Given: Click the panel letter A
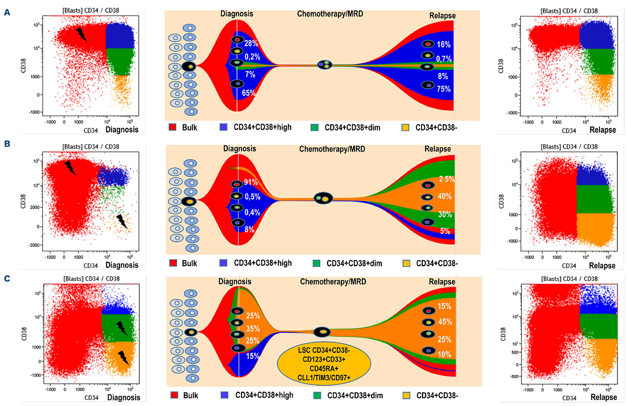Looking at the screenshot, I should tap(7, 12).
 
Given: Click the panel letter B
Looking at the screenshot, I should tap(7, 144).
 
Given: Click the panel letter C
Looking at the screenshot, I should tap(7, 279).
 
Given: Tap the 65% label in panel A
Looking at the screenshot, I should tap(248, 93).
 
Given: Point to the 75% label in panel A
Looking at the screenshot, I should tap(443, 89).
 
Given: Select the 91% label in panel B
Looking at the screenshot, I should tap(251, 182).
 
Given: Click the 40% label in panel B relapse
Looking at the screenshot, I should tap(445, 196).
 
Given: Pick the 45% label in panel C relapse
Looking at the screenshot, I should tap(445, 322).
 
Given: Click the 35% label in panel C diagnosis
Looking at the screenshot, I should tap(253, 329).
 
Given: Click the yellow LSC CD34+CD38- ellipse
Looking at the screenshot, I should tap(324, 364).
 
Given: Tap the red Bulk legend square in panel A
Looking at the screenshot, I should tap(173, 127).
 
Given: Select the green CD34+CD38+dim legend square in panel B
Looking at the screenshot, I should tap(316, 263).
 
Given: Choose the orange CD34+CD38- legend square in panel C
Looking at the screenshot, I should tap(406, 395).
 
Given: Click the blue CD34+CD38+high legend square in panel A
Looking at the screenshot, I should tap(223, 127).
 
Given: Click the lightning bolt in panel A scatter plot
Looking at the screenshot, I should tap(81, 34).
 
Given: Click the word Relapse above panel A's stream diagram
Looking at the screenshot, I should tap(442, 16).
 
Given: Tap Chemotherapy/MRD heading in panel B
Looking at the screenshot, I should tap(332, 149).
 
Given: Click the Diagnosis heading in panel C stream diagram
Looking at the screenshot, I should tap(235, 281).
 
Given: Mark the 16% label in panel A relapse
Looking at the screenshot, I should tap(443, 44).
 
